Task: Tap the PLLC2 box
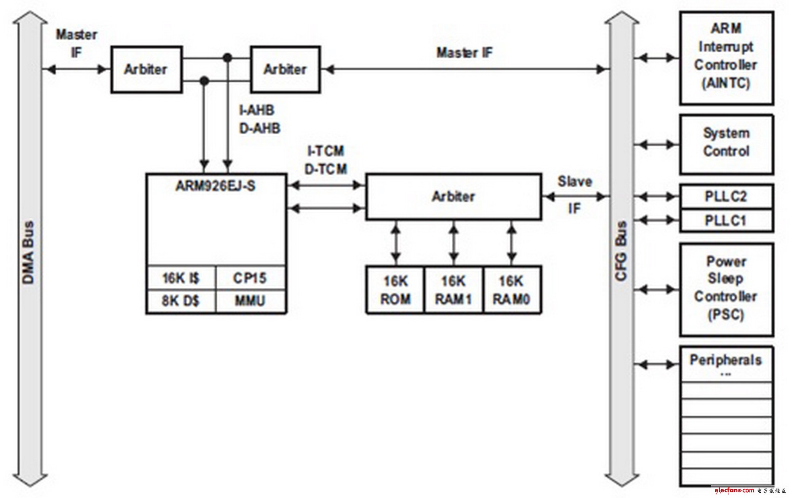pos(726,196)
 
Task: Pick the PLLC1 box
pos(726,220)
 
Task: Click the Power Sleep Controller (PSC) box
pos(726,288)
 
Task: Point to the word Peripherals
pos(726,360)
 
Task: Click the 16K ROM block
pos(395,290)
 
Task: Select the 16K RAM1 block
pos(453,290)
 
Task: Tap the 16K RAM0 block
pos(511,290)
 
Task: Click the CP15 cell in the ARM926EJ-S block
pos(250,278)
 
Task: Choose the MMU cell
pos(250,301)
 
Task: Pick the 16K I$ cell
pos(181,278)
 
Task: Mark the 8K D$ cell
pos(181,301)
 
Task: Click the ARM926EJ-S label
pos(215,186)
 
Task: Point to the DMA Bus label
pos(28,252)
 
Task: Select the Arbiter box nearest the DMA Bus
pos(146,69)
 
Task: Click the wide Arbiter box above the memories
pos(454,197)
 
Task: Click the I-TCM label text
pos(326,151)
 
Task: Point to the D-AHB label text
pos(260,128)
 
